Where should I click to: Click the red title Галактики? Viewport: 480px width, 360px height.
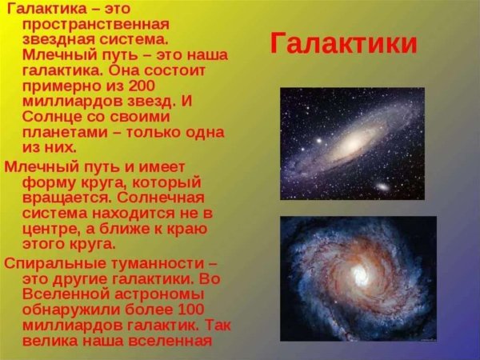click(x=343, y=42)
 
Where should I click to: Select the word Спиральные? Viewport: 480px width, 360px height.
click(x=53, y=262)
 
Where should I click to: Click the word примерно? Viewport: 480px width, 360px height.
click(x=64, y=87)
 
